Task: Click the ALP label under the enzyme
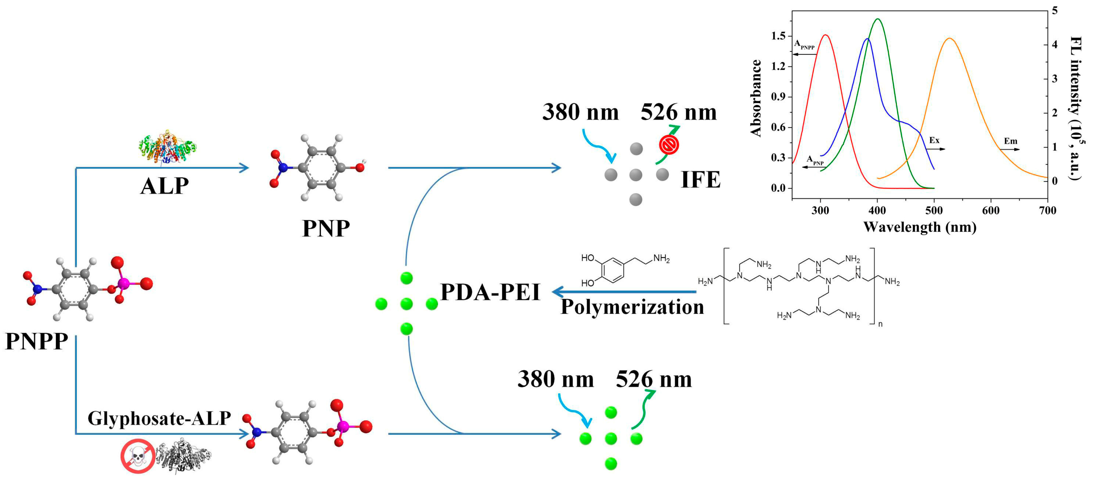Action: (x=165, y=186)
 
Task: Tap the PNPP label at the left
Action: (x=37, y=341)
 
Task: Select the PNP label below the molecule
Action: (x=326, y=229)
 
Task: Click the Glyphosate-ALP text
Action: (x=159, y=418)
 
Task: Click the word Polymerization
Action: (x=632, y=307)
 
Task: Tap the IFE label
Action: (x=701, y=180)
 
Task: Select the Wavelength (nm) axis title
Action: (x=920, y=227)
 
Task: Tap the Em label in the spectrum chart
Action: (x=1010, y=141)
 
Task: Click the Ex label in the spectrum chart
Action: (x=934, y=140)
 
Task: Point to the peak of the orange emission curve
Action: (x=950, y=38)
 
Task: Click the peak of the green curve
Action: (x=877, y=19)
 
